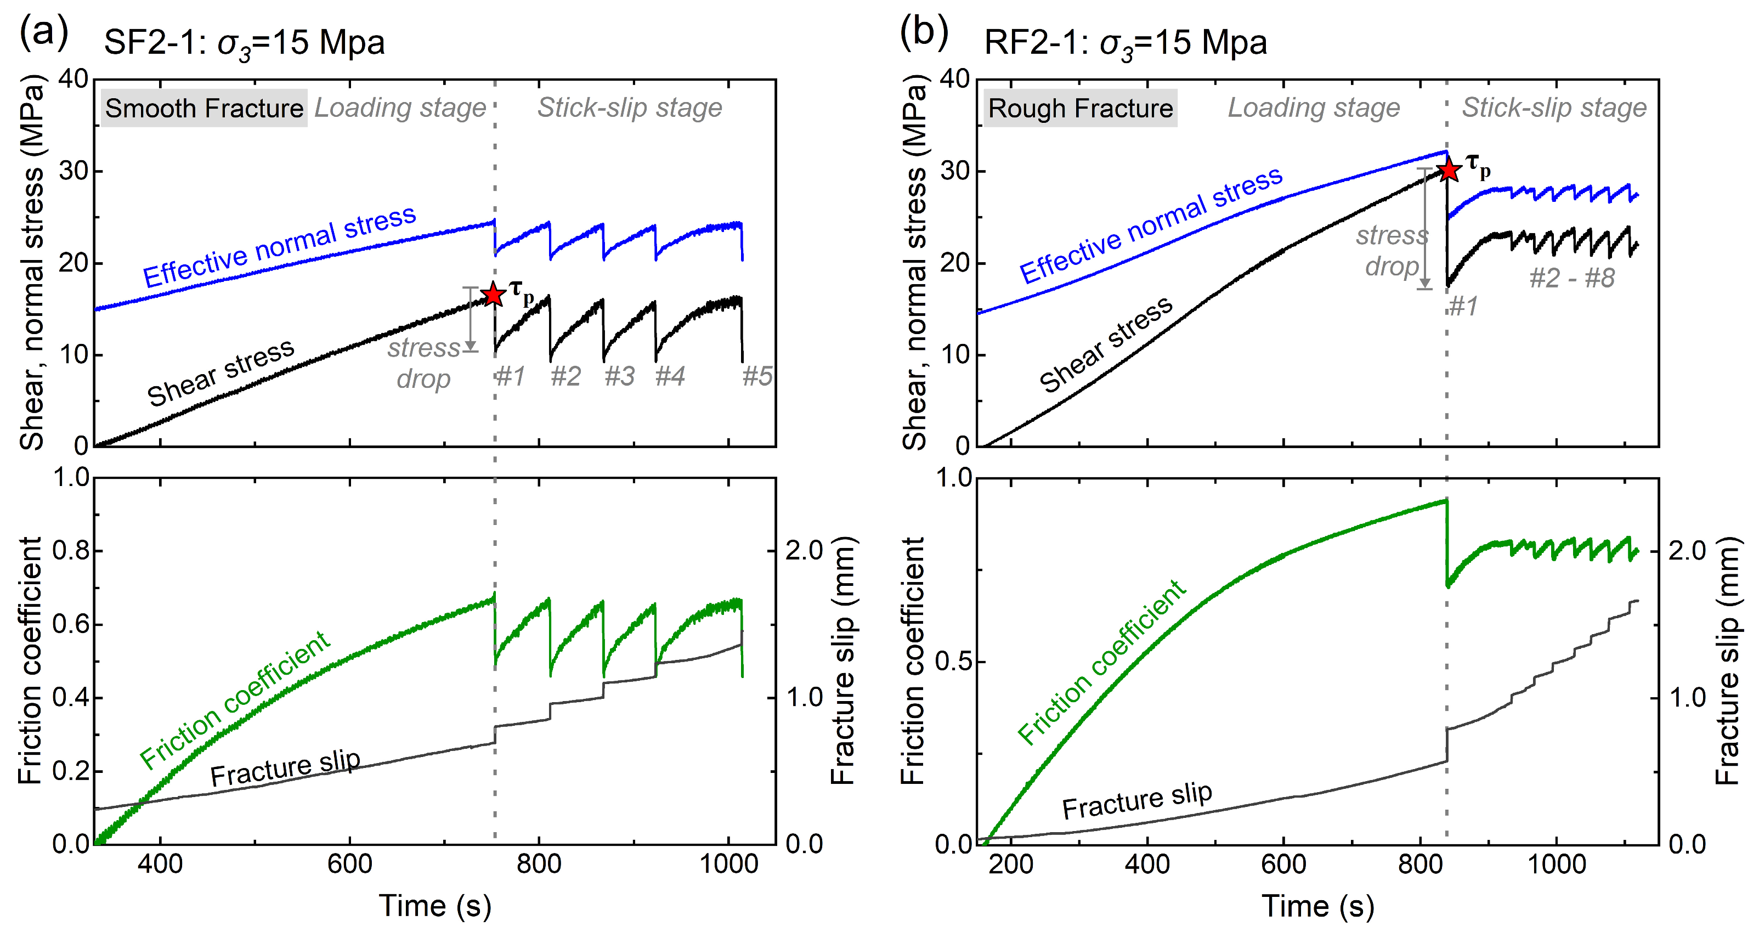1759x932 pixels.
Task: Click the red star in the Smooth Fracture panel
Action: point(493,294)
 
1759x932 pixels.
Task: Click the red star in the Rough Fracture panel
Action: point(1449,170)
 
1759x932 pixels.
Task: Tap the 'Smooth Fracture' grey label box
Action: point(204,108)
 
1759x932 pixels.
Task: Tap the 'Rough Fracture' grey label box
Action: point(1081,108)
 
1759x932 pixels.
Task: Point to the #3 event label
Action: point(619,376)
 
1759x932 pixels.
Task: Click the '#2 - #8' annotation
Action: point(1571,278)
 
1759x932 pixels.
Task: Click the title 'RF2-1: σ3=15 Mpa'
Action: point(1125,43)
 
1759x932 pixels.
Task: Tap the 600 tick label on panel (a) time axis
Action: point(349,865)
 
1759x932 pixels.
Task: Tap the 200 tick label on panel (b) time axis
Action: point(1011,865)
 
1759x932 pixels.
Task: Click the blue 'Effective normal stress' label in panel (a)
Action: point(279,246)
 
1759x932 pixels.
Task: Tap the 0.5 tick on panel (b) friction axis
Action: point(954,662)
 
